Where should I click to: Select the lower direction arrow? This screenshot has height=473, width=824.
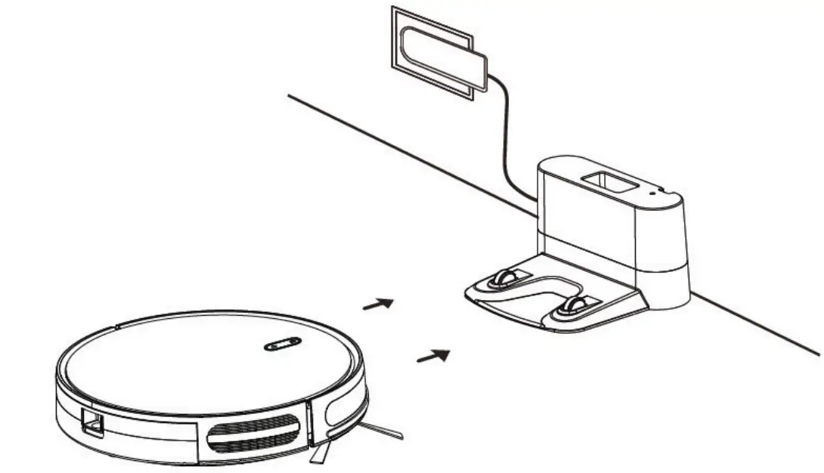[x=433, y=354]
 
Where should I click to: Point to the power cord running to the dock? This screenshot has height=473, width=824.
[x=504, y=136]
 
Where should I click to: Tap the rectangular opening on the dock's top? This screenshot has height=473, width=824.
[x=605, y=182]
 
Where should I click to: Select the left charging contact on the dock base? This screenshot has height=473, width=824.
[x=503, y=278]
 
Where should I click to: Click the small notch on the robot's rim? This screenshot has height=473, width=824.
[x=117, y=327]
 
